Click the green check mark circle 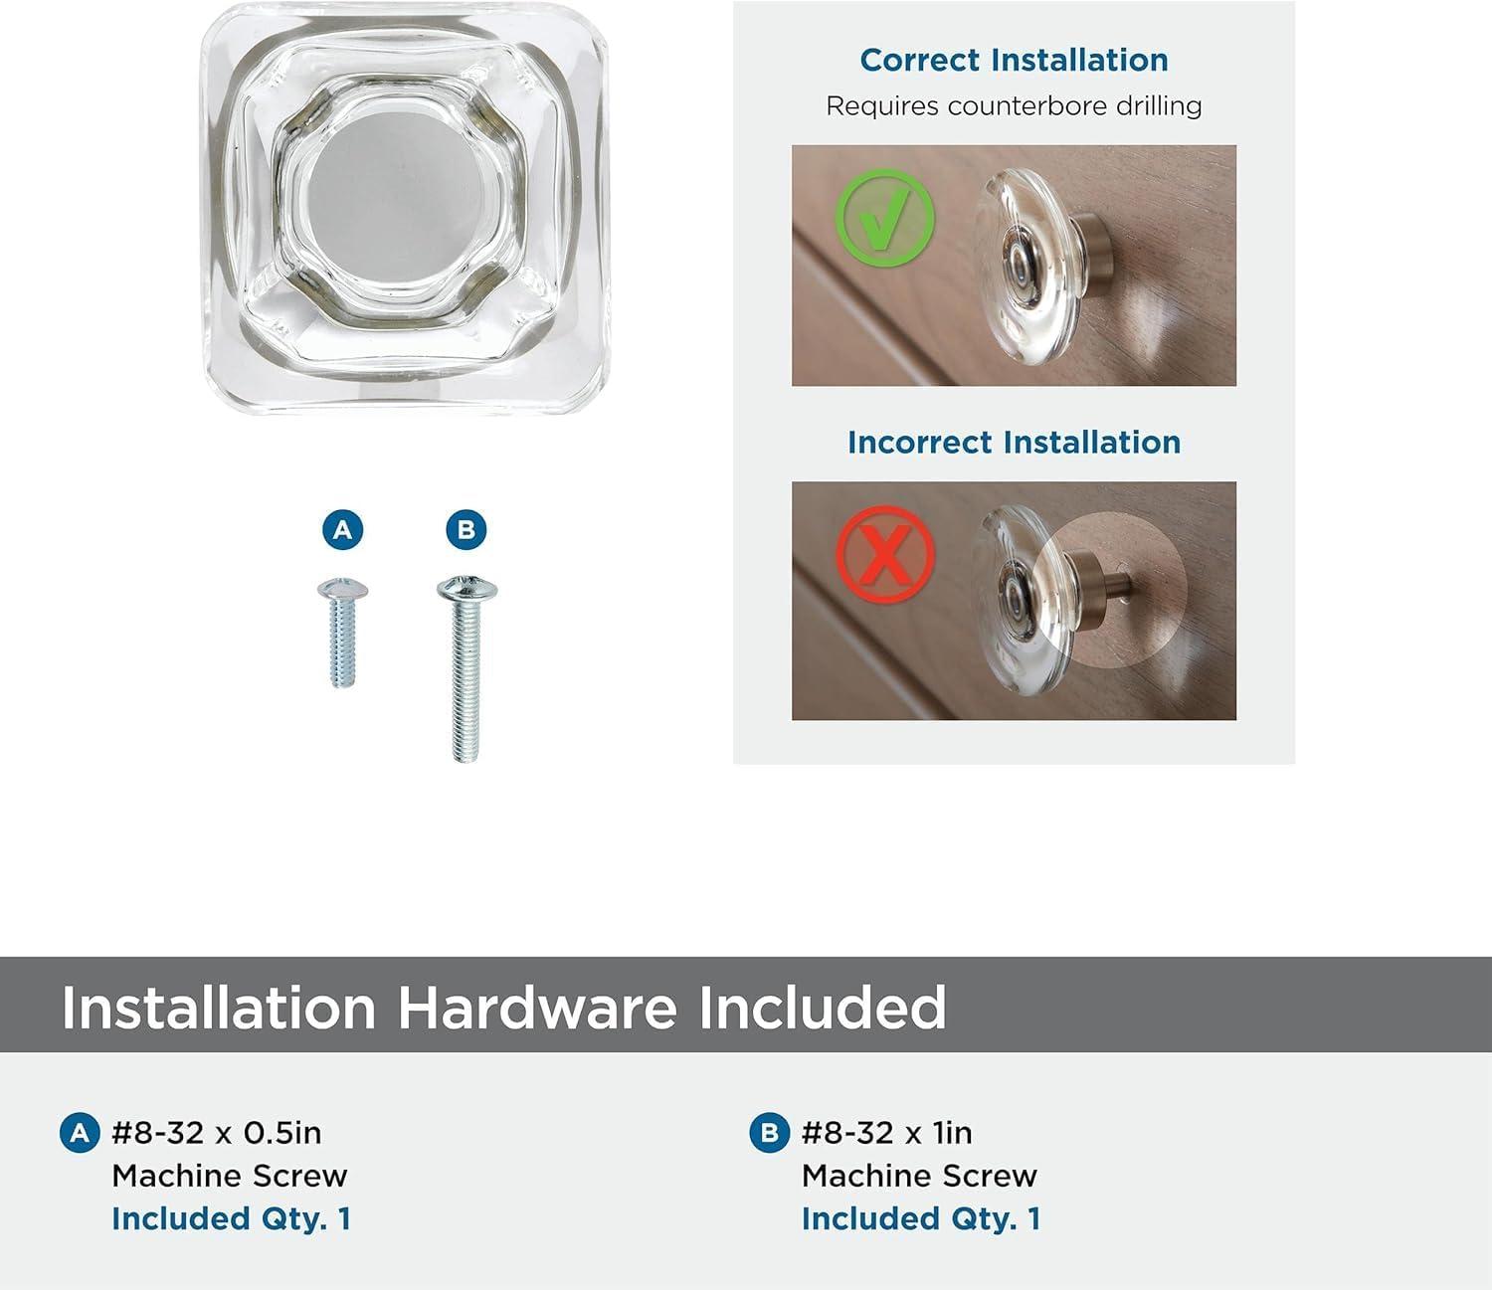point(884,218)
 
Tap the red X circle point(884,552)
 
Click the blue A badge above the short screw point(342,530)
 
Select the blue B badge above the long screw point(466,530)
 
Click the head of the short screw point(342,591)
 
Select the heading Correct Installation point(1014,61)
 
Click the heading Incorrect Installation point(1014,443)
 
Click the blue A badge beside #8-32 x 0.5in point(80,1133)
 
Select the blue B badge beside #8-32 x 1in point(769,1133)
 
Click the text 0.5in point(282,1133)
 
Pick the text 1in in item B point(952,1133)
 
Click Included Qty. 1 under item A point(231,1218)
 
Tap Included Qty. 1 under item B point(921,1218)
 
